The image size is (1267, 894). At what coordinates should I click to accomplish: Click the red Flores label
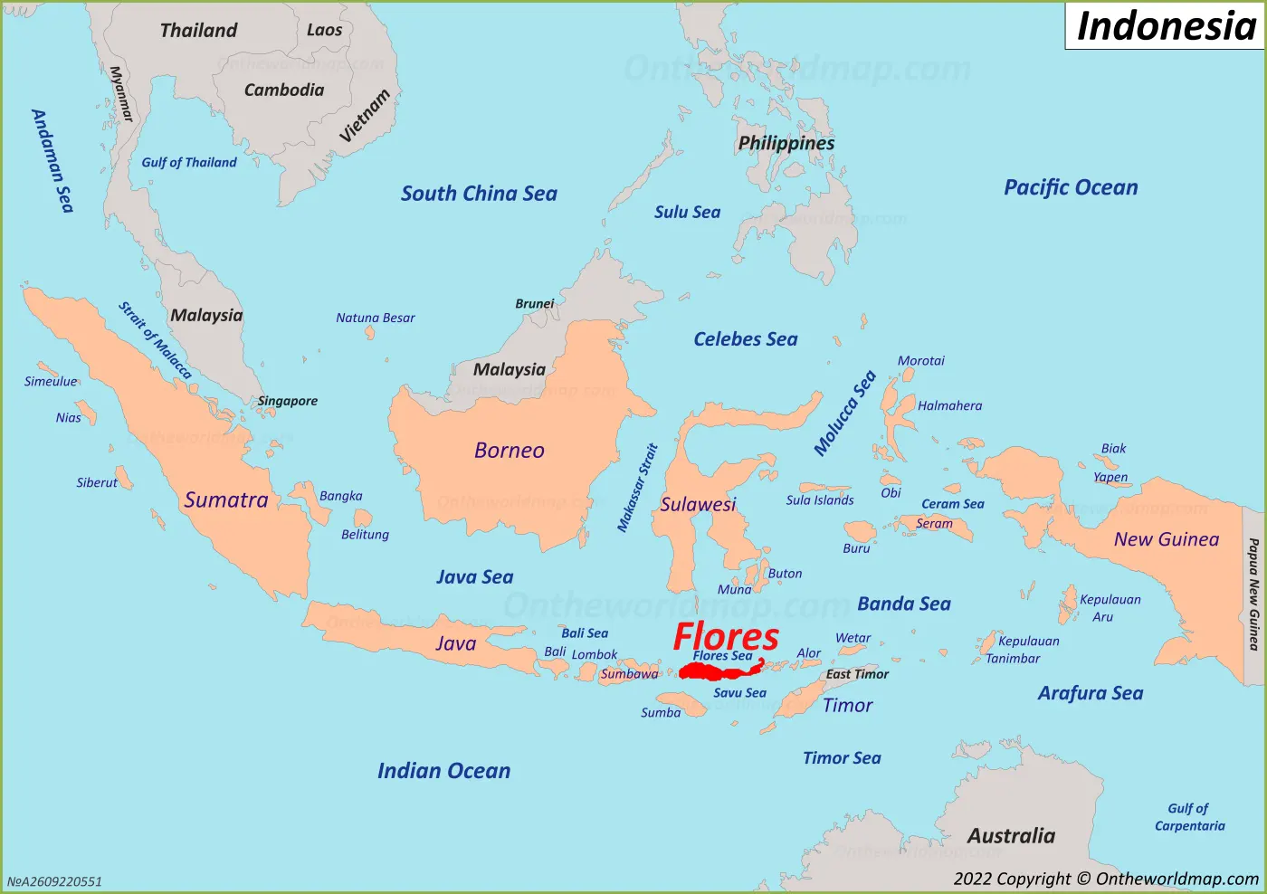(726, 636)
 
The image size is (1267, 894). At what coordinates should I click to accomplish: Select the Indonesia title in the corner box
(1166, 26)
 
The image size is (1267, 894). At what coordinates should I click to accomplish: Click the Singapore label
(288, 401)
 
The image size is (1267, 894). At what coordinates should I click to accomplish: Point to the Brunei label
(534, 304)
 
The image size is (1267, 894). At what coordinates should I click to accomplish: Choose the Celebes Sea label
(745, 339)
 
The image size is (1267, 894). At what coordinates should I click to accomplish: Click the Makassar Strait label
(637, 488)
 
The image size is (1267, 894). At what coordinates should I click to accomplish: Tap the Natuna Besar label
(375, 318)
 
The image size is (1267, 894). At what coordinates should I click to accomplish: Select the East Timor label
(857, 674)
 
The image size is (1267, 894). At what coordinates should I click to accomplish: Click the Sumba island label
(661, 713)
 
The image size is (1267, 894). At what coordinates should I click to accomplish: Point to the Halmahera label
(949, 406)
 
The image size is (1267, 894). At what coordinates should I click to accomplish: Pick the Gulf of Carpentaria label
(1189, 817)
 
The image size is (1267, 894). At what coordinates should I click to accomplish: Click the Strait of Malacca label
(155, 340)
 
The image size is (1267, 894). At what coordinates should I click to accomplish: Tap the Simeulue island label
(51, 382)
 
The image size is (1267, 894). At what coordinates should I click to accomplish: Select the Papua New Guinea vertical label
(1253, 594)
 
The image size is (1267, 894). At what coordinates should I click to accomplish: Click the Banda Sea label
(904, 604)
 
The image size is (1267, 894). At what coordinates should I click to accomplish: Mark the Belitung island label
(365, 535)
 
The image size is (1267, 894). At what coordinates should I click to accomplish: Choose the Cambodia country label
(283, 90)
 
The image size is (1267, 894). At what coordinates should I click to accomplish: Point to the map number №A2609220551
(55, 881)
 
